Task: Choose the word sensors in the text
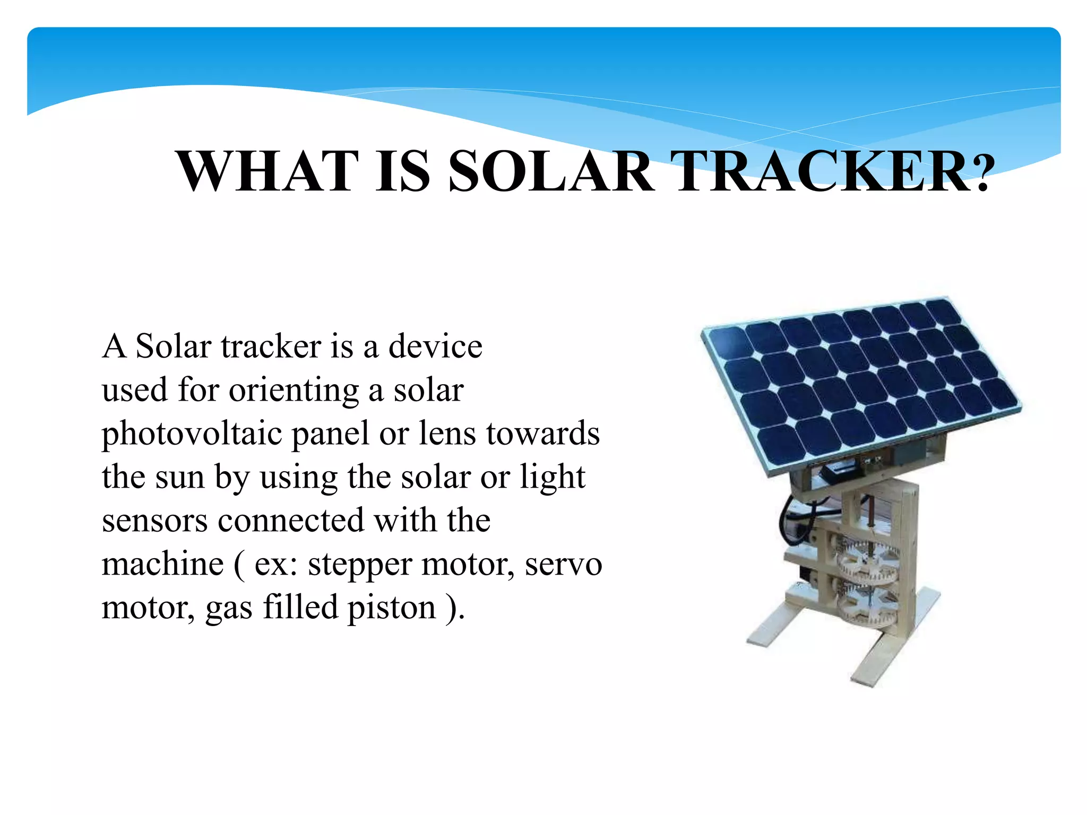coord(154,521)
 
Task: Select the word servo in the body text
coord(563,564)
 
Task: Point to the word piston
coord(391,608)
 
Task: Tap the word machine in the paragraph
coord(162,564)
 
